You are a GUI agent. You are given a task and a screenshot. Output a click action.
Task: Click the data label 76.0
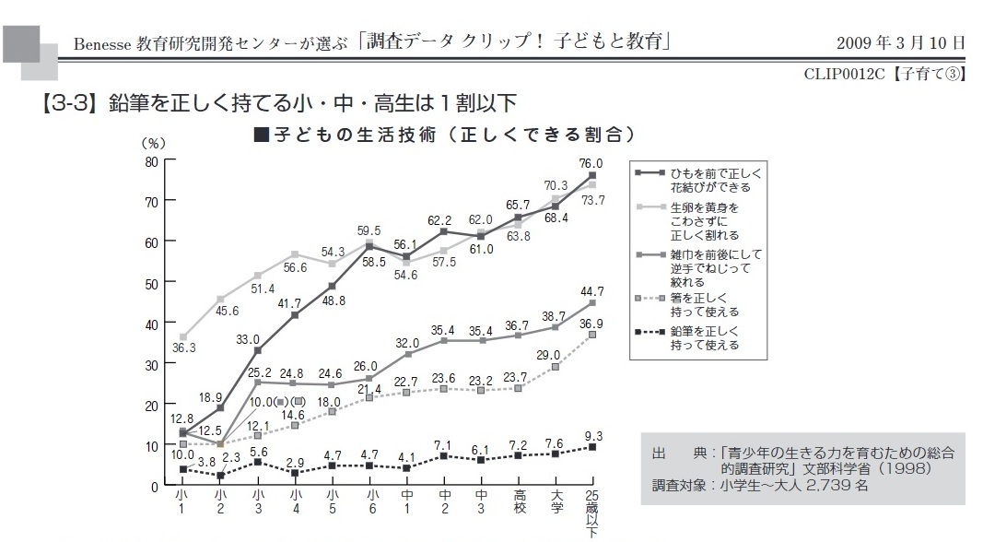pos(591,163)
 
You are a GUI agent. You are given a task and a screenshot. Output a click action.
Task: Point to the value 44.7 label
pos(591,292)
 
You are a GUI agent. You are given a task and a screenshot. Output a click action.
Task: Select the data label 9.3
pos(593,435)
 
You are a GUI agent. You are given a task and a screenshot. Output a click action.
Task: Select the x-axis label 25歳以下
pos(592,513)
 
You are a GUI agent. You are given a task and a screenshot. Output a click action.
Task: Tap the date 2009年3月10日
pos(901,42)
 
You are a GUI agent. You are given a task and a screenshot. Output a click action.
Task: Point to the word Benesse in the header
pos(104,42)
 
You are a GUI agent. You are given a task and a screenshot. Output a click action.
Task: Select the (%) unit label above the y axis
pos(153,144)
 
